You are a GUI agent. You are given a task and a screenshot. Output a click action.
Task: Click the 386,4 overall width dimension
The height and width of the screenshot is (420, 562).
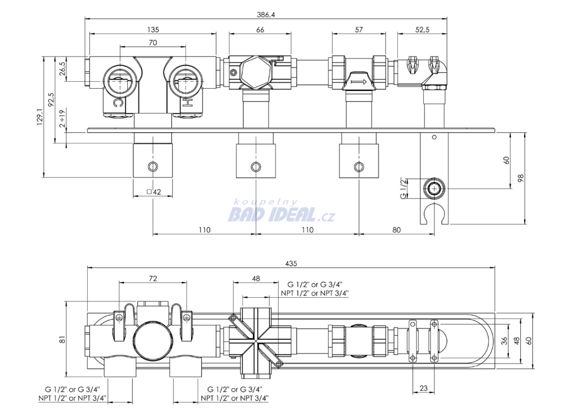266,15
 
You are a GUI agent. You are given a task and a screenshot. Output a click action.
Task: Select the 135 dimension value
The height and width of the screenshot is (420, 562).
153,30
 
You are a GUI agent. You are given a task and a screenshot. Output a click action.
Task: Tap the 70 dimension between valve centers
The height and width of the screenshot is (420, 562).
153,42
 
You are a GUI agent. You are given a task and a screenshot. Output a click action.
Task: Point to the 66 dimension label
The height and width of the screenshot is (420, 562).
260,30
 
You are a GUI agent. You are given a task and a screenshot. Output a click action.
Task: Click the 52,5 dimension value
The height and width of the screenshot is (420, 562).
422,30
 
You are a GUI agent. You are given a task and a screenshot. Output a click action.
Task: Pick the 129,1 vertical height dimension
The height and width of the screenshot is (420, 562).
40,117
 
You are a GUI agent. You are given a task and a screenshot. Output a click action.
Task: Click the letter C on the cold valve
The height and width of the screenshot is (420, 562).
118,103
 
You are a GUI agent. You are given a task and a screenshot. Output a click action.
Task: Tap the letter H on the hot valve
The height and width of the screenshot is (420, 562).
187,103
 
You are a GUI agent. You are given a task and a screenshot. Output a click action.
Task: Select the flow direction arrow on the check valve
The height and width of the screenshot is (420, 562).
358,82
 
